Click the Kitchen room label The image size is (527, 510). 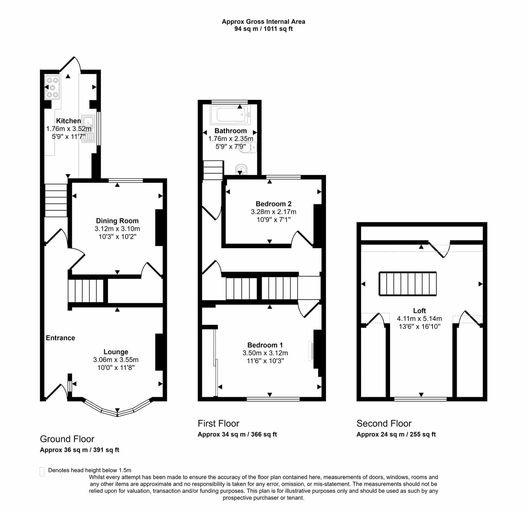[69, 121]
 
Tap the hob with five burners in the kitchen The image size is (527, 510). [52, 87]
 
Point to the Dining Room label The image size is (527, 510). [117, 221]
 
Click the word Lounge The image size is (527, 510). [116, 352]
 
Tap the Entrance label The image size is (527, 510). [60, 338]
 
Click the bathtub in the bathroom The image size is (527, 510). [231, 115]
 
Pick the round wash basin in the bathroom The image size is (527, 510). [241, 169]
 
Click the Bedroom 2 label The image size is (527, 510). [274, 204]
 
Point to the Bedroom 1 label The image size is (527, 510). [265, 345]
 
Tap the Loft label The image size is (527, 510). [420, 311]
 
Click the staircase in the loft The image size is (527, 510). [408, 284]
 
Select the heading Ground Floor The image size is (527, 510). [67, 439]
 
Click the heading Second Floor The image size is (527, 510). [384, 424]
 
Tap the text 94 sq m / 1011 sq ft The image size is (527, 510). [263, 29]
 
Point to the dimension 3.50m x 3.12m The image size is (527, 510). [265, 353]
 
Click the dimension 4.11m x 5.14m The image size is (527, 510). [420, 318]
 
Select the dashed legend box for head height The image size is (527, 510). [42, 472]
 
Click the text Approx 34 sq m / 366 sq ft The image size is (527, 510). [237, 435]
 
